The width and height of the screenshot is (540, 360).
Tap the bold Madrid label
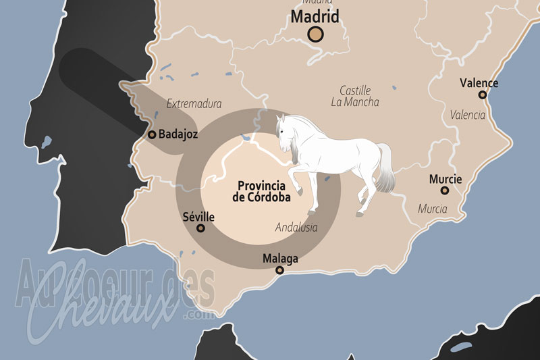point(315,16)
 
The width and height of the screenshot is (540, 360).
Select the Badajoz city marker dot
point(152,134)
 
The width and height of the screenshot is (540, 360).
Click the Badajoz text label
point(178,134)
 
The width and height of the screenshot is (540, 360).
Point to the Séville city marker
point(200,228)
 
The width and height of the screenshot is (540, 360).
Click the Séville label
point(198,217)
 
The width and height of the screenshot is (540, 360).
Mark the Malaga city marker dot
point(279,270)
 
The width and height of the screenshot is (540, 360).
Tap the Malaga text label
point(280,258)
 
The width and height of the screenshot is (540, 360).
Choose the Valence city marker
point(482,95)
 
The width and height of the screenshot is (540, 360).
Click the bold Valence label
point(479,83)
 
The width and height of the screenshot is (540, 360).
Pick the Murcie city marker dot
point(445,190)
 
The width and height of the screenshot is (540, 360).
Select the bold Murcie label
point(446,179)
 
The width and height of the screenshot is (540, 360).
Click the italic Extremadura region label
point(194,104)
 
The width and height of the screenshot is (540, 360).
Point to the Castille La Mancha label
point(355,96)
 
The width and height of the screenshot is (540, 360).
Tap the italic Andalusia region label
point(296,228)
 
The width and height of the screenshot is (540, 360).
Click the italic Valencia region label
point(467,115)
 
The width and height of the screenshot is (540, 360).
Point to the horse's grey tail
point(387,169)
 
